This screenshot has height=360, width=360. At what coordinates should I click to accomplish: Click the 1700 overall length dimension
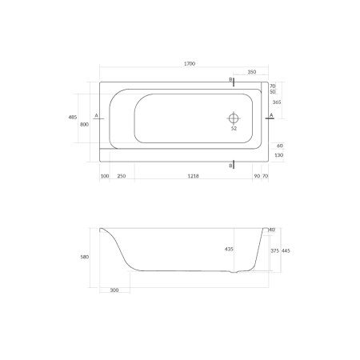tap(190, 63)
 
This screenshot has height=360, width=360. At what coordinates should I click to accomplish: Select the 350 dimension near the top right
tap(251, 72)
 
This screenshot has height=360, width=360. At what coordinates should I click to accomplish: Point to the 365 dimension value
tap(276, 102)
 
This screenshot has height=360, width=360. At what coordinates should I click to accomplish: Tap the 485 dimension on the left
tap(74, 117)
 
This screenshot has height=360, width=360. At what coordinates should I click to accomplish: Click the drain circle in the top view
tap(234, 115)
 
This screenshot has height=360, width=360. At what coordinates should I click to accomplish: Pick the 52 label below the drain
tap(234, 128)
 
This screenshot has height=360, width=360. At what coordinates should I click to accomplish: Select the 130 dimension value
tap(279, 155)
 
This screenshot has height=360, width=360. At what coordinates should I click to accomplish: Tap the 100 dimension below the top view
tap(105, 176)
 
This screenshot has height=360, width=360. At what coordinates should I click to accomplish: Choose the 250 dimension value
tap(122, 176)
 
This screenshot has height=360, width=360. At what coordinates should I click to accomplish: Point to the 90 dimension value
tap(256, 176)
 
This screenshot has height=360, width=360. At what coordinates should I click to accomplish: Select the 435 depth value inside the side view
tap(230, 250)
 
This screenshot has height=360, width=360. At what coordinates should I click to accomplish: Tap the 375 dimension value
tap(274, 250)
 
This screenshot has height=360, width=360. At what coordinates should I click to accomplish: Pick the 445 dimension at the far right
tap(286, 250)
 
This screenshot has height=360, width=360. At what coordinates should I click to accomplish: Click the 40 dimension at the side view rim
tap(272, 230)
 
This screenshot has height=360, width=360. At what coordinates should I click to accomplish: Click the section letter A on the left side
tap(96, 115)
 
